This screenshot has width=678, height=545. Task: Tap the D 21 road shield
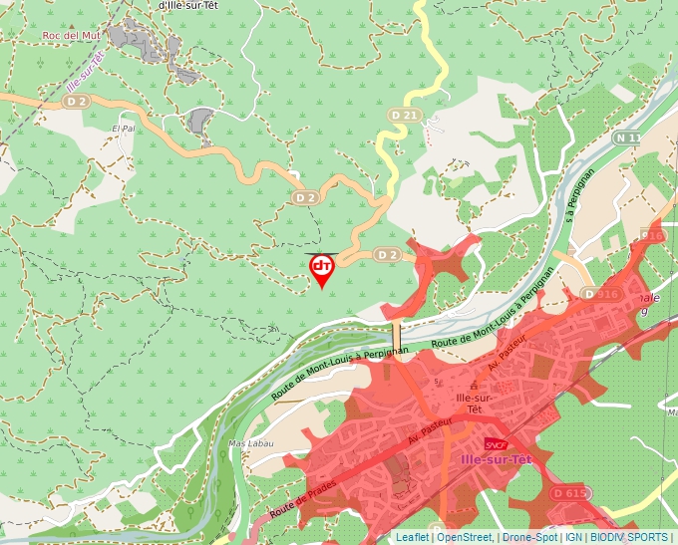403,116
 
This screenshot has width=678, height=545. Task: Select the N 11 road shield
626,137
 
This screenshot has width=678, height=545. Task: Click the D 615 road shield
569,493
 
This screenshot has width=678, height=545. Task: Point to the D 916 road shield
601,294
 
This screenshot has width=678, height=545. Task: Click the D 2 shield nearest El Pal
77,101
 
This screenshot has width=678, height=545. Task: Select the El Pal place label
123,129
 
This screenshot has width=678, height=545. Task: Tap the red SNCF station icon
496,444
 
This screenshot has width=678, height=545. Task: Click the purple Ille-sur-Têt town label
497,459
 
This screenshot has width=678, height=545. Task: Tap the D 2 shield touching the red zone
387,256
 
